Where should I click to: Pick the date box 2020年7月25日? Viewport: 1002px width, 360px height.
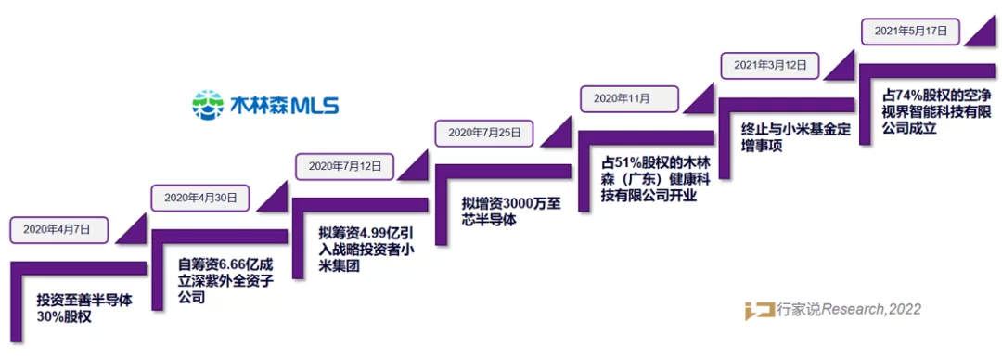[485, 133]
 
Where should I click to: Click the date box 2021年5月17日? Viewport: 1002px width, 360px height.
[910, 31]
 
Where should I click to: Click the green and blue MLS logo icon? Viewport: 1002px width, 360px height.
[208, 104]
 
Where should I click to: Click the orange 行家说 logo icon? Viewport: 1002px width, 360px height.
[760, 310]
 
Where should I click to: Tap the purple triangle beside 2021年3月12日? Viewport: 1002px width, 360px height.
[838, 65]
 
